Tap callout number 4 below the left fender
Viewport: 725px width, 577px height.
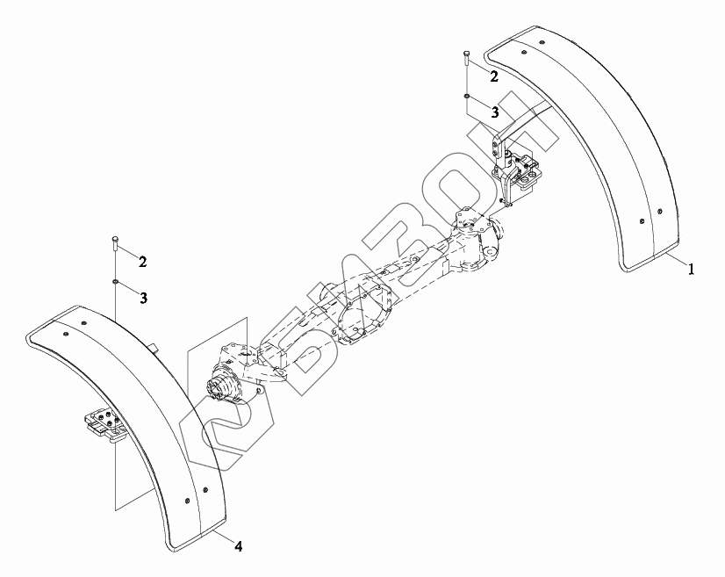238,548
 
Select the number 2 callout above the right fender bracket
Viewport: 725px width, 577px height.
494,77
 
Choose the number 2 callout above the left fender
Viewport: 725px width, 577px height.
142,262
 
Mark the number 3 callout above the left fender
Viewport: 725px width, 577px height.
142,298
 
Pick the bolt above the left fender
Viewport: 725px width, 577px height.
115,245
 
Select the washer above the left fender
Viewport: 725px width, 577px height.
115,281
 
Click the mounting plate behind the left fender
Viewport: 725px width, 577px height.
104,426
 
